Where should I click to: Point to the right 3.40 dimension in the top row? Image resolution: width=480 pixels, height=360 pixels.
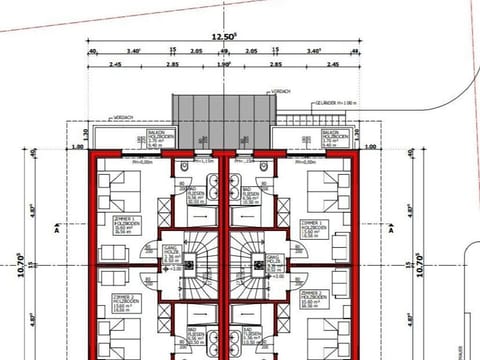(314, 50)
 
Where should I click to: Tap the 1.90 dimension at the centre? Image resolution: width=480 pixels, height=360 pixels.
(223, 64)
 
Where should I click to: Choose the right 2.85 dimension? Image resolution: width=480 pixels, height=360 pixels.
(282, 64)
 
